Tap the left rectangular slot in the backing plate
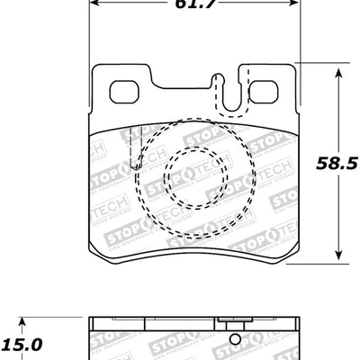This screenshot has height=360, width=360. [x=125, y=91]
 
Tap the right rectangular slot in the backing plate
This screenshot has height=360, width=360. [x=262, y=92]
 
